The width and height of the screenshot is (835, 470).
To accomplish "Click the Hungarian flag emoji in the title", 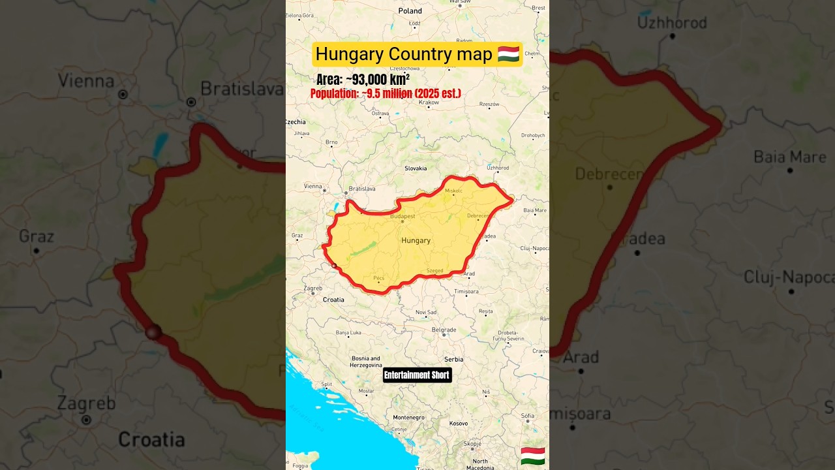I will [x=508, y=54].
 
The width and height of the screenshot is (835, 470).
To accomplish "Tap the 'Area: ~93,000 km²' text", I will [x=363, y=80].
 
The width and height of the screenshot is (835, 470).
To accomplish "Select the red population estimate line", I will [x=386, y=93].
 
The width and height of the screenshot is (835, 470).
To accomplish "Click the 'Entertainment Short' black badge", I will [x=417, y=375].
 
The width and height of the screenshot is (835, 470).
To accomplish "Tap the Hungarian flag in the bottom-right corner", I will [x=533, y=456].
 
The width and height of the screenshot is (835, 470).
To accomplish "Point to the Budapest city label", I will [x=402, y=216].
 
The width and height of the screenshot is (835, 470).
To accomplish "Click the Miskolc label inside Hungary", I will [x=453, y=191].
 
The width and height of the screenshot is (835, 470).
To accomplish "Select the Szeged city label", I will [x=434, y=270].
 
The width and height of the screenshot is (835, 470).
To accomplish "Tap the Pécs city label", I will [x=379, y=278].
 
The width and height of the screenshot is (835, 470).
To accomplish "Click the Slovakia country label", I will [x=416, y=168].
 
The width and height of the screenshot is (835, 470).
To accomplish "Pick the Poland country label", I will [x=410, y=11].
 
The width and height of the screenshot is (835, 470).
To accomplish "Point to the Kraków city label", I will [x=429, y=102].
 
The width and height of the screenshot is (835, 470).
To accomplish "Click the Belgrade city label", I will [x=444, y=330].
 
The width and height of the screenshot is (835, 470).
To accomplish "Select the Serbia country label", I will [x=453, y=359].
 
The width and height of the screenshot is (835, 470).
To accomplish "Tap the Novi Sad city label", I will [x=426, y=312].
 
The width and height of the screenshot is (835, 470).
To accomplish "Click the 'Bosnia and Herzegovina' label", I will [x=366, y=362].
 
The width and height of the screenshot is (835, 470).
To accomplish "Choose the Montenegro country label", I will [x=408, y=417].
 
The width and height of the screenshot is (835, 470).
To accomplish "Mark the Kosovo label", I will [x=459, y=423].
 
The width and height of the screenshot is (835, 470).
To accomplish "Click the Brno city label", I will [x=331, y=142].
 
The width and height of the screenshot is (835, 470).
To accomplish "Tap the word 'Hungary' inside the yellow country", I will [x=416, y=240].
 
